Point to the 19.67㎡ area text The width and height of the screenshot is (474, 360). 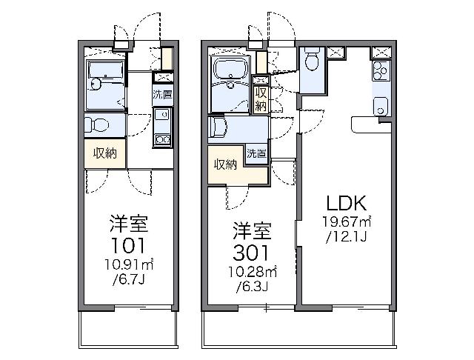coord(346,221)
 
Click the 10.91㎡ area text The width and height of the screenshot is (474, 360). coord(128,264)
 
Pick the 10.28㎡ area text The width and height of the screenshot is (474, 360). coord(253,269)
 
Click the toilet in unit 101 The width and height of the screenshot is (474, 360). coord(90,124)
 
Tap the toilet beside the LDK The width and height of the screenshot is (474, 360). coord(312,63)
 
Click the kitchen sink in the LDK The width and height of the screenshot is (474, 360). coord(381,101)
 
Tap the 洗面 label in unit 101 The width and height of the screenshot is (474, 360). coord(163,94)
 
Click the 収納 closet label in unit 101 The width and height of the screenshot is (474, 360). coord(104,153)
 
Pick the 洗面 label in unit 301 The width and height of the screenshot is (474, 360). coord(257,153)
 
